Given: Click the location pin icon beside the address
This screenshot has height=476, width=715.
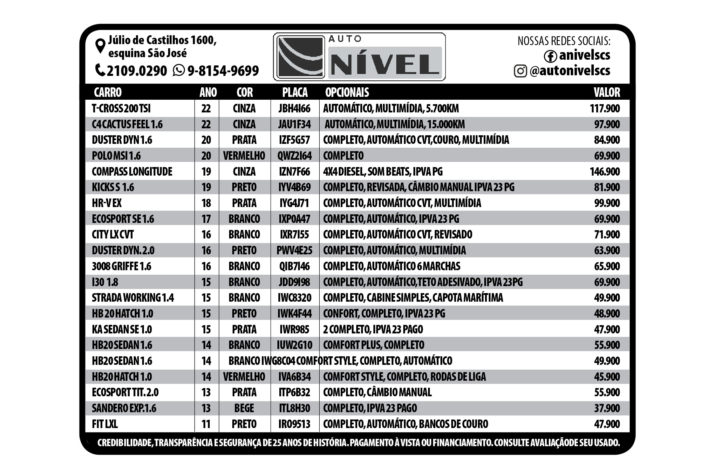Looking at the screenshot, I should pyautogui.click(x=100, y=46).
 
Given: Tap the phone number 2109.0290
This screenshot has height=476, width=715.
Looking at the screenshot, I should pyautogui.click(x=137, y=70).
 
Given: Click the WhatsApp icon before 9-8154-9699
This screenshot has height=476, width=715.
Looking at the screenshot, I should pyautogui.click(x=179, y=70).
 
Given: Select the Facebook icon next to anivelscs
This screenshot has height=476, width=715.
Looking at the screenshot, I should pyautogui.click(x=550, y=56).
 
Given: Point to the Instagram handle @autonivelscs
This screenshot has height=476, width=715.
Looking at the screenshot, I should pyautogui.click(x=570, y=70).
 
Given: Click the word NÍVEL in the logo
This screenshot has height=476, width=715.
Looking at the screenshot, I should pyautogui.click(x=385, y=63).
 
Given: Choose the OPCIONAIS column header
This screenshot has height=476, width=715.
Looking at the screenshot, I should pyautogui.click(x=347, y=92).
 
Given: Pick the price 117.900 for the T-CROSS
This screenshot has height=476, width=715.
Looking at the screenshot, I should pyautogui.click(x=605, y=109).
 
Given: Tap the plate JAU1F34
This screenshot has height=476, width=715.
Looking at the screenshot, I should pyautogui.click(x=294, y=124).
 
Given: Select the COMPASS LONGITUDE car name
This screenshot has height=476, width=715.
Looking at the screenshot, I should pyautogui.click(x=132, y=171).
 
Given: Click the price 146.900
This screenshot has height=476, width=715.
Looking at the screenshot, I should pyautogui.click(x=605, y=171).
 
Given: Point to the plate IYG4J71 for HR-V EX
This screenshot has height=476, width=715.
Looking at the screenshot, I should pyautogui.click(x=294, y=203).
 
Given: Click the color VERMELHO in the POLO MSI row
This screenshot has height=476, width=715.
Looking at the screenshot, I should pyautogui.click(x=244, y=156).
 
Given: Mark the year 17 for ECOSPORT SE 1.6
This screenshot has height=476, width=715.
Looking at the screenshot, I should pyautogui.click(x=206, y=219).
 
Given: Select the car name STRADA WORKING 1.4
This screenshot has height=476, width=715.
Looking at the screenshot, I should pyautogui.click(x=133, y=298).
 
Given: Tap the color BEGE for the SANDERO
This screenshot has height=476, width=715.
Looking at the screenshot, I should pyautogui.click(x=244, y=408).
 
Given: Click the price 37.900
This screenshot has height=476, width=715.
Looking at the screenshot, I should pyautogui.click(x=607, y=408).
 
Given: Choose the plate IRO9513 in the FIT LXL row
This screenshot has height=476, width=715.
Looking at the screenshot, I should pyautogui.click(x=294, y=424).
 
